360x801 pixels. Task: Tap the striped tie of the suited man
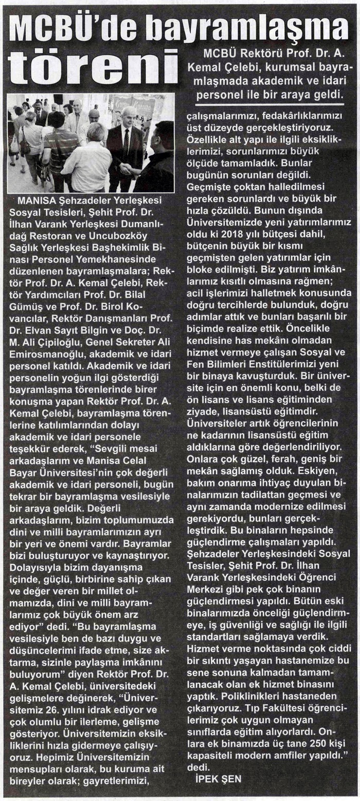point(126,146)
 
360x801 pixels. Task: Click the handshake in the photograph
point(127,168)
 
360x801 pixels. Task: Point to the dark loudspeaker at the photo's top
point(58,99)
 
